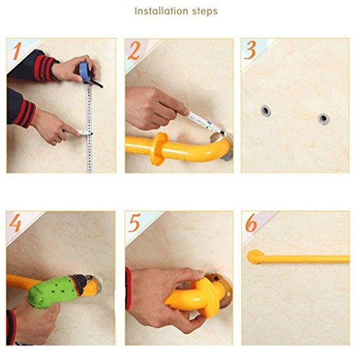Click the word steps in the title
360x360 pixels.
204,12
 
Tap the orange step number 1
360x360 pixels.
17,51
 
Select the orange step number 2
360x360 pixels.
134,50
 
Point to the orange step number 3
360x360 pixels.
250,50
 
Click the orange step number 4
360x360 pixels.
15,223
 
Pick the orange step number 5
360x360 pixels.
134,223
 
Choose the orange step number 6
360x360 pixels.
251,223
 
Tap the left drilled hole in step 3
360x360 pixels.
266,111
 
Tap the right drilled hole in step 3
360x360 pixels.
323,119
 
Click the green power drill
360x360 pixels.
56,291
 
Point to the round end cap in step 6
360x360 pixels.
256,257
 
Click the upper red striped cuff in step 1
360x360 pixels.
45,68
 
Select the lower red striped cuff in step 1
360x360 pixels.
24,113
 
